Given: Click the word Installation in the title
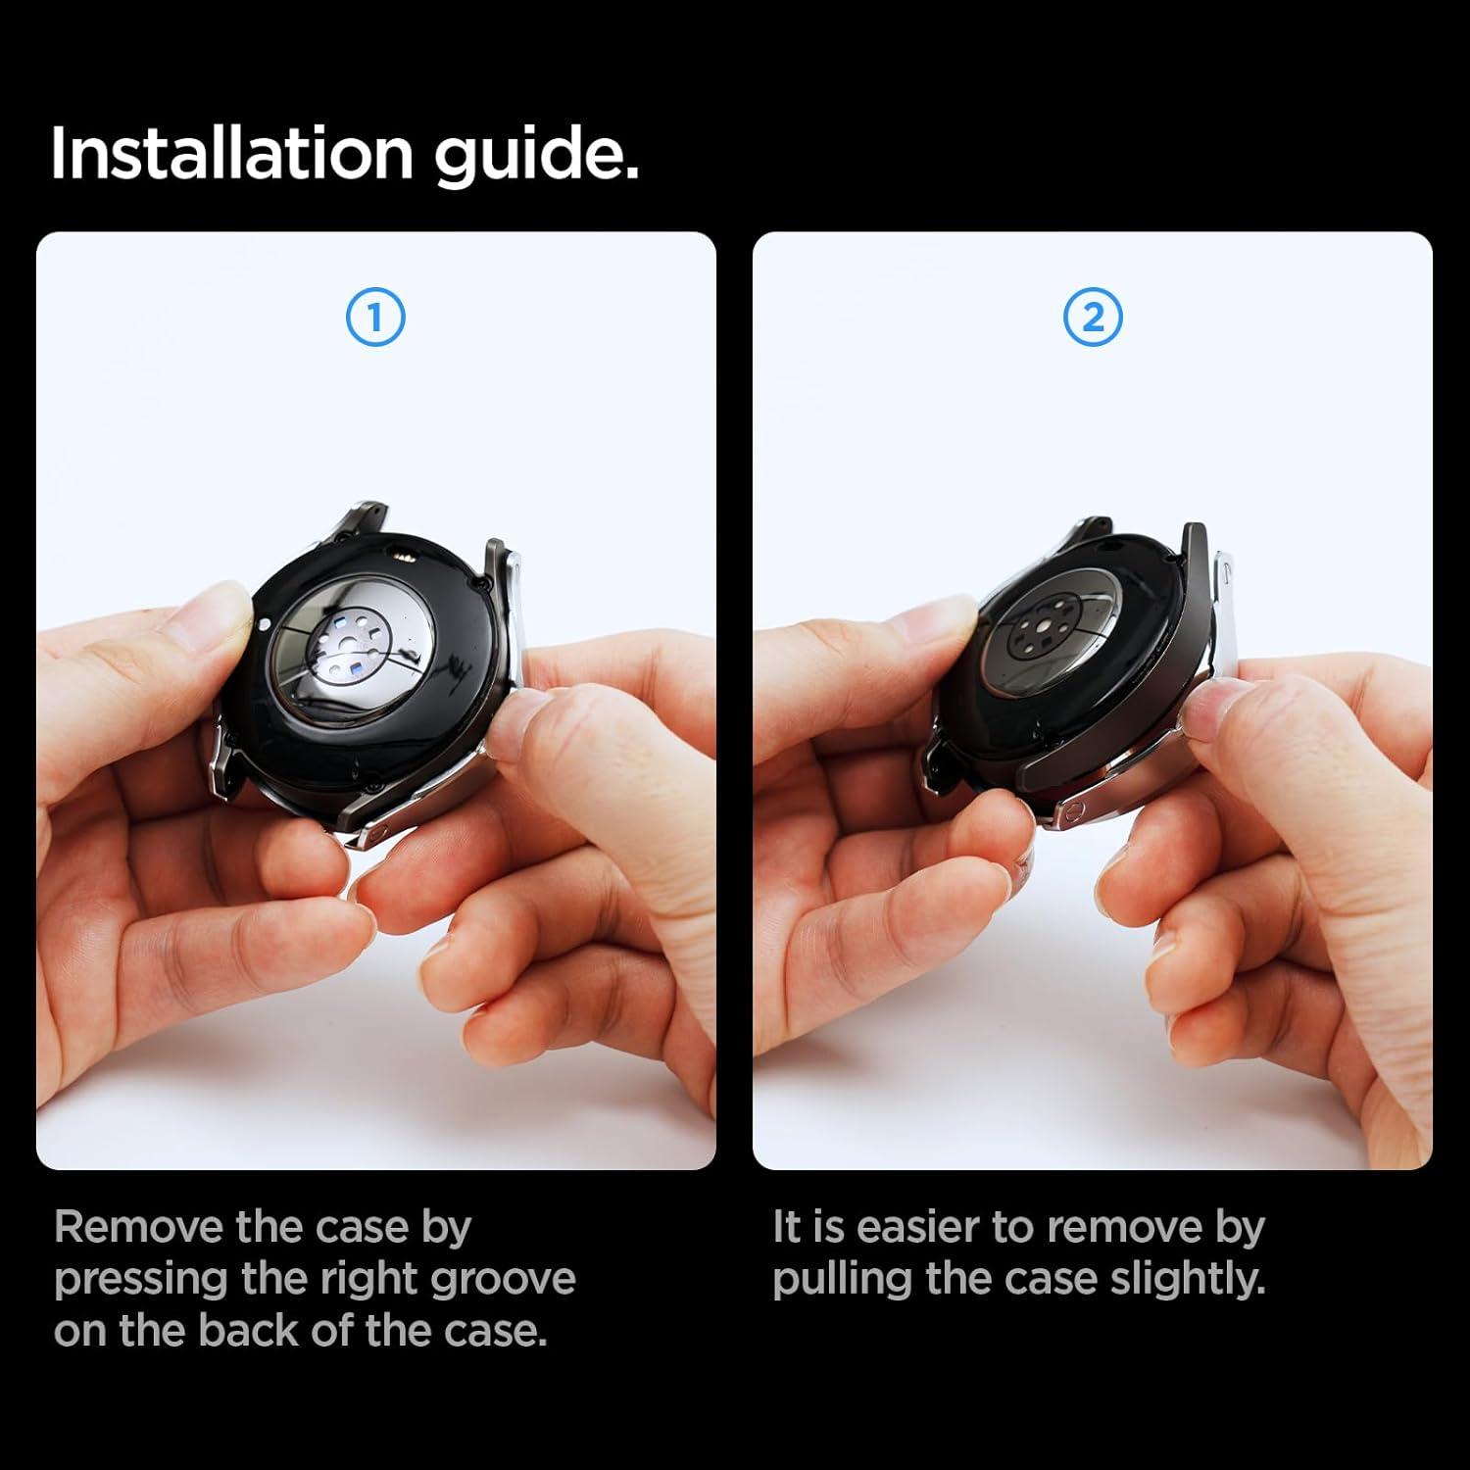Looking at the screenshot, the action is (232, 153).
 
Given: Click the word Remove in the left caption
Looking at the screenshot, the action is (138, 1227).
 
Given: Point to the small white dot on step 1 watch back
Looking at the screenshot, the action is (263, 622).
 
